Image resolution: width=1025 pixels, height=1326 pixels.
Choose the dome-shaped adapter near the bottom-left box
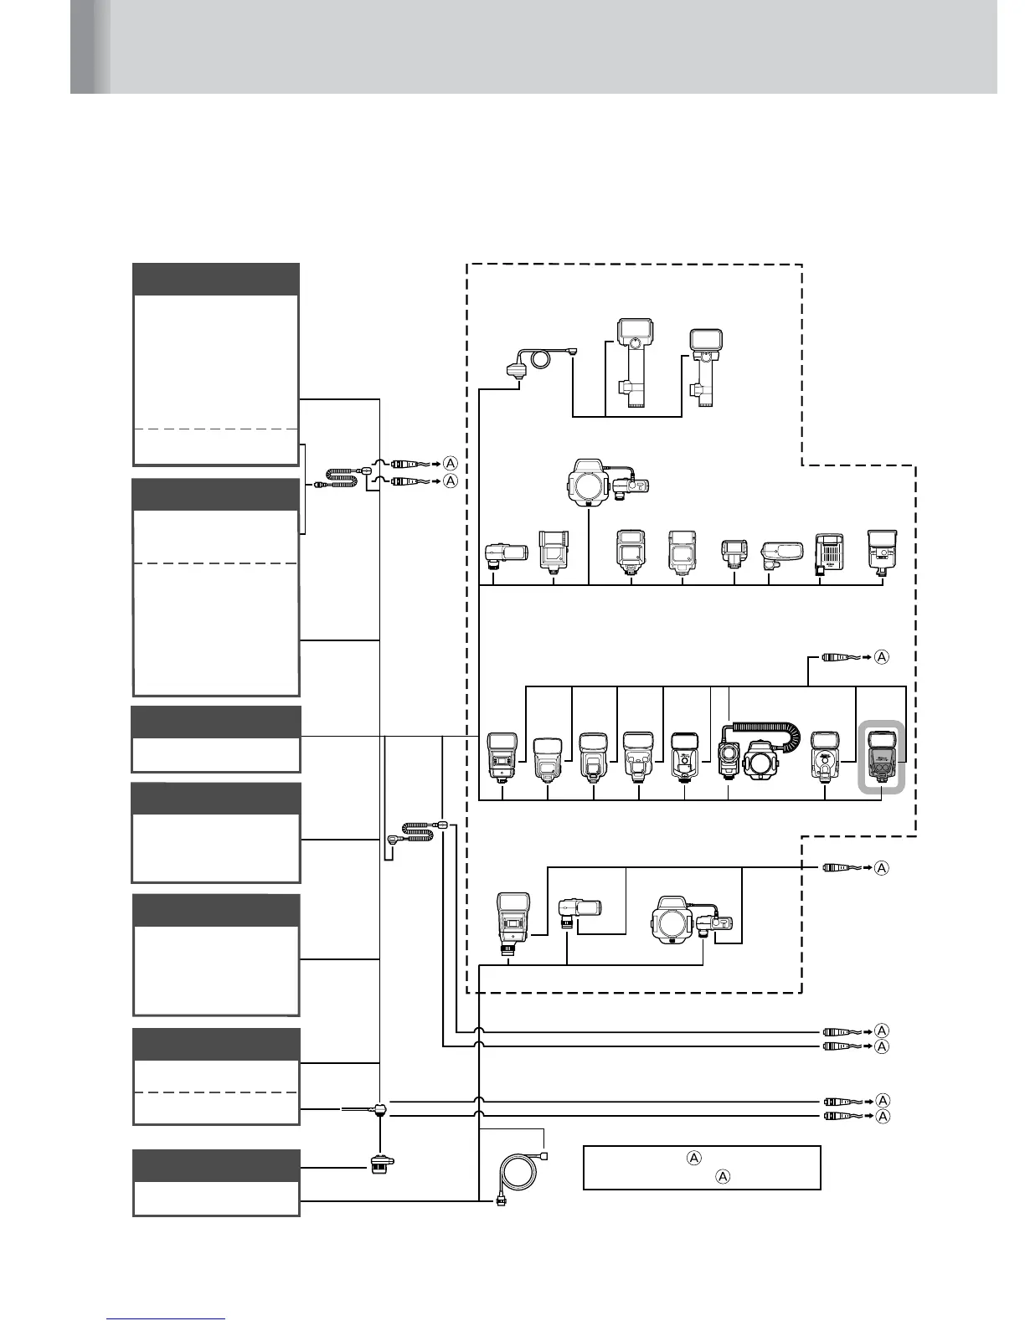(382, 1164)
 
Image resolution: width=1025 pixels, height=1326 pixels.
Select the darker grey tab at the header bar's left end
(90, 46)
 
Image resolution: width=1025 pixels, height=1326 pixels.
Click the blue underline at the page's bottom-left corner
(166, 1318)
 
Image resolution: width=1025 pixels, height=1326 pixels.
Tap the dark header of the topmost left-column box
(216, 279)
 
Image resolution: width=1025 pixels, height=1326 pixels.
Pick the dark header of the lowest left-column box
(216, 1165)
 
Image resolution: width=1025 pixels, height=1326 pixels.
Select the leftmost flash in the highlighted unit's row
(502, 758)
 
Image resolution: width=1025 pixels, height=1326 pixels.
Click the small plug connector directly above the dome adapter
(381, 1110)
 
